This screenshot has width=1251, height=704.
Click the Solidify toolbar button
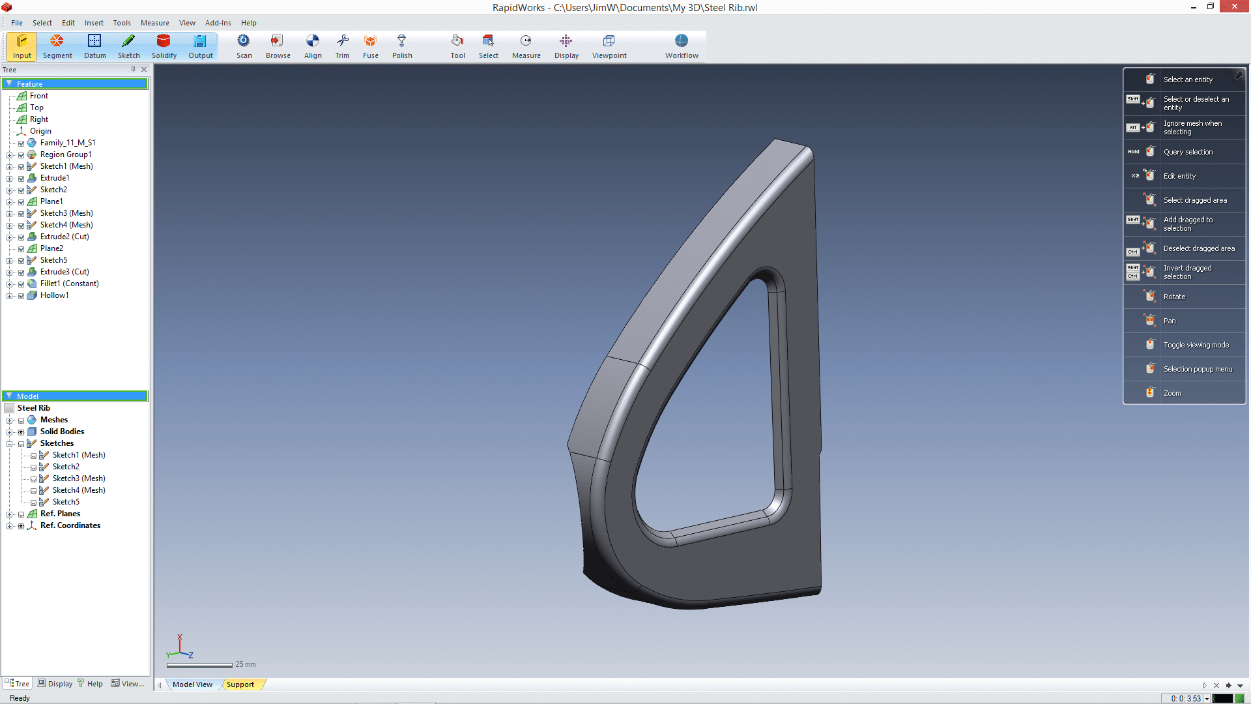[164, 46]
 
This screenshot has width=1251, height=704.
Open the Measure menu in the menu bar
[154, 23]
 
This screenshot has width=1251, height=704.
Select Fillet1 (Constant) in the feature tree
[69, 284]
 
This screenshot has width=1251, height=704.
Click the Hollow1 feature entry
[54, 295]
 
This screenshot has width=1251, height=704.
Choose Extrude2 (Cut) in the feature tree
[65, 237]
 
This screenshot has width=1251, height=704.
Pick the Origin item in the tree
[40, 131]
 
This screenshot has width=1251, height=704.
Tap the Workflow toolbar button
[681, 46]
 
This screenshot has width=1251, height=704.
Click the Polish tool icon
[401, 46]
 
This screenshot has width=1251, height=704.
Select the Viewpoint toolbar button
[609, 46]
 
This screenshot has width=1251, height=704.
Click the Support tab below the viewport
[240, 684]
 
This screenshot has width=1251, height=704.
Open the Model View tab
[192, 684]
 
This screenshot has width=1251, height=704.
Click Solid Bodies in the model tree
[62, 432]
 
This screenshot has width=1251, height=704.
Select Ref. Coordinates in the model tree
[70, 525]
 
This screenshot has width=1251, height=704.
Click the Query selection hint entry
[1188, 152]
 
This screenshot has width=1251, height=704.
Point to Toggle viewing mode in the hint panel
[1196, 345]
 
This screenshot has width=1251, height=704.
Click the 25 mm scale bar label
[246, 664]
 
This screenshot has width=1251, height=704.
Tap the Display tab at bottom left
[55, 684]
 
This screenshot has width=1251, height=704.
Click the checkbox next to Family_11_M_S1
[22, 143]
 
